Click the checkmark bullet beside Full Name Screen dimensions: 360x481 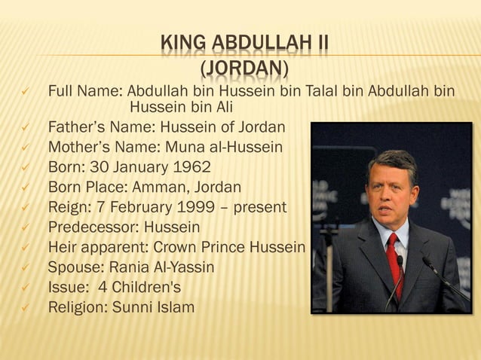24,92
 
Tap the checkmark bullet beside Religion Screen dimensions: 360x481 24,307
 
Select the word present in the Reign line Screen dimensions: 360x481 259,206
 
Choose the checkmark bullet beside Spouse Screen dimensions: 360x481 24,267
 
